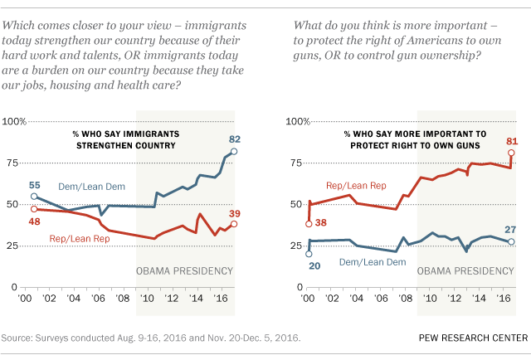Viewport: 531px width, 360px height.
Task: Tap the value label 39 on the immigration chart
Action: click(x=235, y=211)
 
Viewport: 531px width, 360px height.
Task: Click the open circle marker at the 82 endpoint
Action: click(x=234, y=152)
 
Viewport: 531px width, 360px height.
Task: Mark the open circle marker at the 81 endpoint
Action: click(x=510, y=153)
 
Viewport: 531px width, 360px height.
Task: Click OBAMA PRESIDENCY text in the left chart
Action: click(x=183, y=271)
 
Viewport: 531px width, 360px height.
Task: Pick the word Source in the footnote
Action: click(x=18, y=337)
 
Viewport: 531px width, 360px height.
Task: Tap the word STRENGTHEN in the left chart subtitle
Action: click(x=118, y=148)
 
